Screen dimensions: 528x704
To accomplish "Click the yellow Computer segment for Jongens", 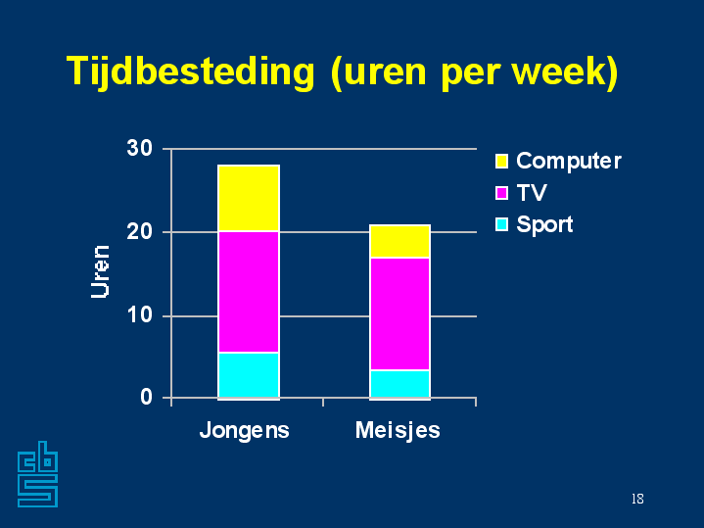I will tap(249, 199).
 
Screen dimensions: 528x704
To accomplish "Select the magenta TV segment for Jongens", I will tap(249, 292).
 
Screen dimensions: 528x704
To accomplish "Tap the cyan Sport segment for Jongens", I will tap(249, 375).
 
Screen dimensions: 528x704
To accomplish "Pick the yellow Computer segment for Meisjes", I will tap(399, 242).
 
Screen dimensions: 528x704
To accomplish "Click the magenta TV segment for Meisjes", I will tap(399, 313).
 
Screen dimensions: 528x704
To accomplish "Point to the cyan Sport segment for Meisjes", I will tap(399, 384).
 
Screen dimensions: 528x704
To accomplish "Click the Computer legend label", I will tap(568, 161).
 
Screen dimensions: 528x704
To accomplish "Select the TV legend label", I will tap(532, 193).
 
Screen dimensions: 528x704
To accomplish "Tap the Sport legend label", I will tap(544, 224).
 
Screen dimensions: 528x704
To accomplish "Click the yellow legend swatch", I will tap(502, 161).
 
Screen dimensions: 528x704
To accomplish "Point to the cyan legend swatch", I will tap(502, 224).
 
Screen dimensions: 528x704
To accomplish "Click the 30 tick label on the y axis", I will tap(140, 149).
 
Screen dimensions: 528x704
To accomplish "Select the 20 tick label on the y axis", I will tap(140, 232).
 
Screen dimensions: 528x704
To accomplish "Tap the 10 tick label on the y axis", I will tap(140, 315).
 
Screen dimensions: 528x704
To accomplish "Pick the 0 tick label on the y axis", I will tap(147, 397).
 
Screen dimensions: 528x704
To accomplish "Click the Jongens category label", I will tap(244, 430).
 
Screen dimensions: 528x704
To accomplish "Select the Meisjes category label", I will tap(398, 430).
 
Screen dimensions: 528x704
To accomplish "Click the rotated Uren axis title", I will tap(100, 271).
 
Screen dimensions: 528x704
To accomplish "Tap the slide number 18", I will tap(637, 500).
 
